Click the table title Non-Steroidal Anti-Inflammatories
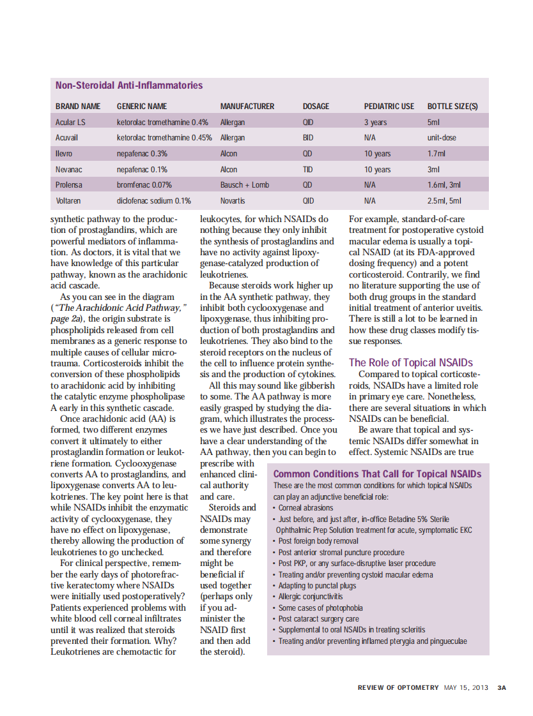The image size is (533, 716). coord(129,86)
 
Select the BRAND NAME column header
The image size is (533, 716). coord(78,107)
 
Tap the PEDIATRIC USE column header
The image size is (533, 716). coord(389,107)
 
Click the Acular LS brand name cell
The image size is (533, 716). coord(70,122)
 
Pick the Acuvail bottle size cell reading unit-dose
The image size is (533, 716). coord(442,138)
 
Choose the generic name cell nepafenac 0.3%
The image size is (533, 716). coord(142,154)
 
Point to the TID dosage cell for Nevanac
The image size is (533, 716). coord(307,170)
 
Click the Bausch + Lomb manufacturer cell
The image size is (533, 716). coord(244,185)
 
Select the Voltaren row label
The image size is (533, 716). coord(68,201)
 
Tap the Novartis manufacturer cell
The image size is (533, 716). coord(233,201)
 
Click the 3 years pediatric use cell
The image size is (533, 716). coord(375,122)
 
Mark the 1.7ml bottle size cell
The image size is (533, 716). coord(436,154)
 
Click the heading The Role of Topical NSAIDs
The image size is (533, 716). coord(411,362)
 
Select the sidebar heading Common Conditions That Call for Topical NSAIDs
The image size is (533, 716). coord(377,474)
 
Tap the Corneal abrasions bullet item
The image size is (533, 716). coord(305,508)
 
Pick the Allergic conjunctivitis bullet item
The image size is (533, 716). coord(310,597)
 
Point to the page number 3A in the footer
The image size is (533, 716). coord(502,688)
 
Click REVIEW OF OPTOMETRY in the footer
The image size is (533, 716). coord(398,688)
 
